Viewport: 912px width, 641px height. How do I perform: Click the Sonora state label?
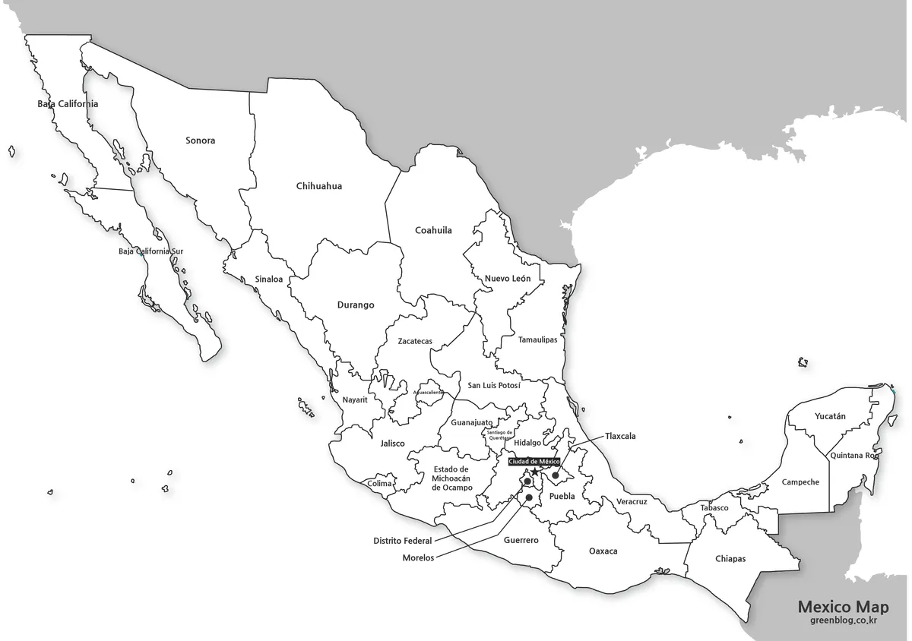click(x=201, y=141)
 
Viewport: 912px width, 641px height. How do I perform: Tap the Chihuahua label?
click(x=319, y=186)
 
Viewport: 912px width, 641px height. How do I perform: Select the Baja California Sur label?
click(x=150, y=251)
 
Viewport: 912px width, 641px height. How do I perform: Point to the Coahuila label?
click(x=433, y=230)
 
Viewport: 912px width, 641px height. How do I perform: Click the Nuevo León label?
click(x=508, y=279)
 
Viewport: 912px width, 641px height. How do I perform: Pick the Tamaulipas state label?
click(x=537, y=339)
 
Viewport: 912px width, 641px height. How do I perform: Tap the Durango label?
click(x=356, y=305)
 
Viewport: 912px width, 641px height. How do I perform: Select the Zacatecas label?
click(x=415, y=342)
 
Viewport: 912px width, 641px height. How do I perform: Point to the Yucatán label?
click(x=830, y=416)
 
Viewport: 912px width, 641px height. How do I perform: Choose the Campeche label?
click(x=800, y=482)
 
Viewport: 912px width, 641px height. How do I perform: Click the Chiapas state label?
click(x=730, y=559)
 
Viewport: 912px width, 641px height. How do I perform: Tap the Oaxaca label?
click(x=603, y=551)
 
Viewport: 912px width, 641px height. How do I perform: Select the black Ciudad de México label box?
click(x=534, y=462)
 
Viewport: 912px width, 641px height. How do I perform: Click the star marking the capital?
click(x=535, y=472)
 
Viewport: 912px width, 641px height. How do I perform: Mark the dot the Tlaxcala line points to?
click(x=556, y=476)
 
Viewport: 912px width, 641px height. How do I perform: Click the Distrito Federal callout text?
click(x=402, y=541)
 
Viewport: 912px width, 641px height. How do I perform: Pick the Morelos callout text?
click(x=418, y=557)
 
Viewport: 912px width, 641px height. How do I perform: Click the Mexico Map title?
click(x=843, y=607)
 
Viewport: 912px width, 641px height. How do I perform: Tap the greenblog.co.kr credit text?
click(x=844, y=621)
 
